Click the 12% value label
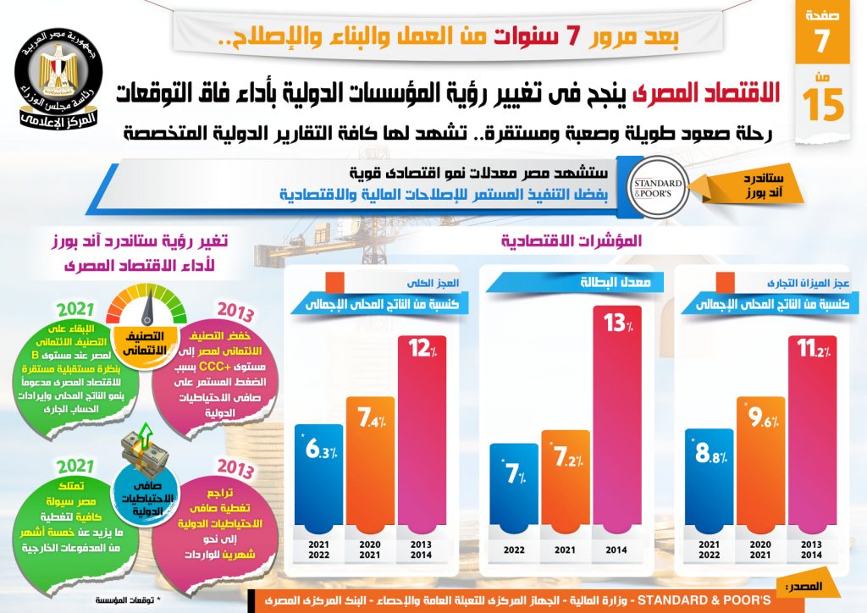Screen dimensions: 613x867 pyautogui.click(x=420, y=349)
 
